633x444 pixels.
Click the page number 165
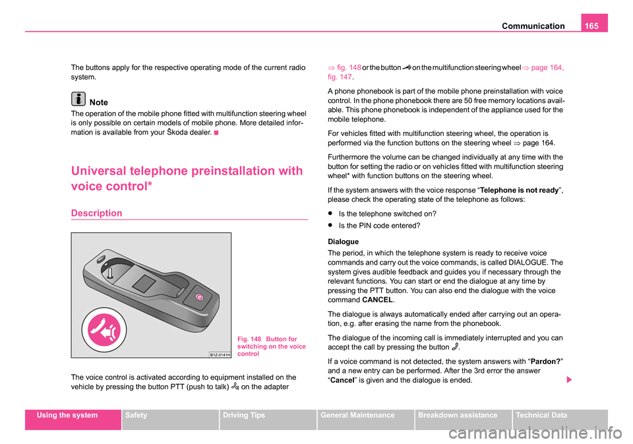(x=591, y=26)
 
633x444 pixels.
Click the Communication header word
(x=533, y=26)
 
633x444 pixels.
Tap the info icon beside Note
(x=78, y=99)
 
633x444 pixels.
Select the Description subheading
(x=96, y=213)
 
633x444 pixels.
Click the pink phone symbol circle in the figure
(x=104, y=330)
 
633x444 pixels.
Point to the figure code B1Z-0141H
(x=220, y=355)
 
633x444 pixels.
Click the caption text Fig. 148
(x=249, y=339)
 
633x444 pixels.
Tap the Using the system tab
(x=67, y=416)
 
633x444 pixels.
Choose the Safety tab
(x=136, y=416)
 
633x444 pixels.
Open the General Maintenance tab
(x=357, y=416)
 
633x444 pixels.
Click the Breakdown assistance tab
(x=458, y=416)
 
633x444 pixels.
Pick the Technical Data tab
(x=541, y=416)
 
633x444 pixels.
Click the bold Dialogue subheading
(x=343, y=241)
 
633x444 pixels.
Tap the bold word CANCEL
(x=377, y=300)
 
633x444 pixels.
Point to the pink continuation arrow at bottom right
(x=569, y=380)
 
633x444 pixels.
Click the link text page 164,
(x=547, y=67)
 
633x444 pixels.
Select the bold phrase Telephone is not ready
(x=519, y=190)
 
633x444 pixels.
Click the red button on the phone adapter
(x=199, y=297)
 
